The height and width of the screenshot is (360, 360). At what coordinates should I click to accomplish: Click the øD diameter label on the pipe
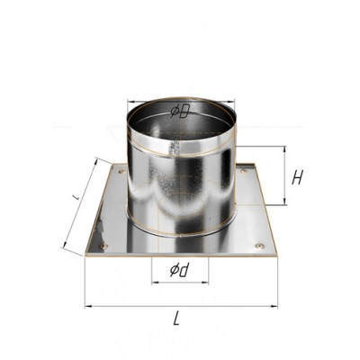[180, 112]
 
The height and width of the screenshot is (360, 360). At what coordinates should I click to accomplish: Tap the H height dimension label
[297, 177]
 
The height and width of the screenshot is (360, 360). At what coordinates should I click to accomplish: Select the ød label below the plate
[181, 270]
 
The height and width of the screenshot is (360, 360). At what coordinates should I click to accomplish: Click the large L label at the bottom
[177, 319]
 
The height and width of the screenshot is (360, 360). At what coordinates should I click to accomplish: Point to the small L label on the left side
[76, 197]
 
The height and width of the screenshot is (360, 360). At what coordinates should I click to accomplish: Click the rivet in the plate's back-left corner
[121, 172]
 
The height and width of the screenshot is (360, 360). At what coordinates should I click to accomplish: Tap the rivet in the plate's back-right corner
[244, 171]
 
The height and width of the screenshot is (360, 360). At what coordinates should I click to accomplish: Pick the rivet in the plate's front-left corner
[104, 247]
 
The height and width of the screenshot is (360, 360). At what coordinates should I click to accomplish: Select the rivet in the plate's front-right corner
[260, 247]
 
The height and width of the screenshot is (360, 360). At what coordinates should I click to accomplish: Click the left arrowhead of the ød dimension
[155, 282]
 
